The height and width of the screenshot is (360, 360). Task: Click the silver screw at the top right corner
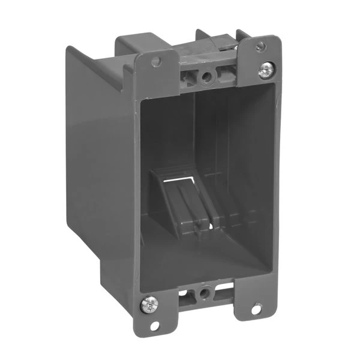pyautogui.click(x=266, y=71)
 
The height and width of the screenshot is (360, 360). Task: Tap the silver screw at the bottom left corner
pyautogui.click(x=148, y=305)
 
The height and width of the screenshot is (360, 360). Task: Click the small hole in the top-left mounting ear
pyautogui.click(x=157, y=62)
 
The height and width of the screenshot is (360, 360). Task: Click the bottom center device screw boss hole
pyautogui.click(x=206, y=292)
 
